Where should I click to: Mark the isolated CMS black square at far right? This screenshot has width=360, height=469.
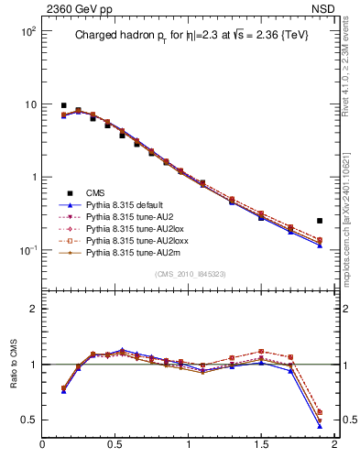pyautogui.click(x=320, y=221)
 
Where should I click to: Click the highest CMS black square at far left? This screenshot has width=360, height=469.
pyautogui.click(x=63, y=105)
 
